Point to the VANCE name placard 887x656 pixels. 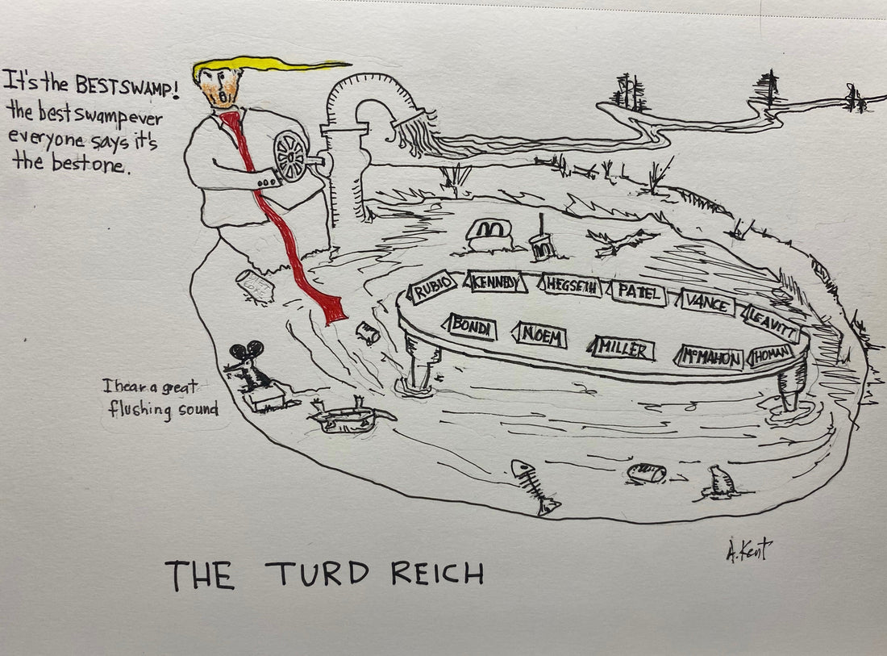point(707,303)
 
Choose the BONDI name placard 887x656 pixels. point(468,327)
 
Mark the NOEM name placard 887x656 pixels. point(539,334)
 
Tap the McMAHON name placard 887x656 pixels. point(710,356)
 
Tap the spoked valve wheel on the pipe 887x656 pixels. point(291,155)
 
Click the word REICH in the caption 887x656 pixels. point(438,574)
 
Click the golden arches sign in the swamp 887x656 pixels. point(488,230)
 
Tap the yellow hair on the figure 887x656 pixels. point(266,65)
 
